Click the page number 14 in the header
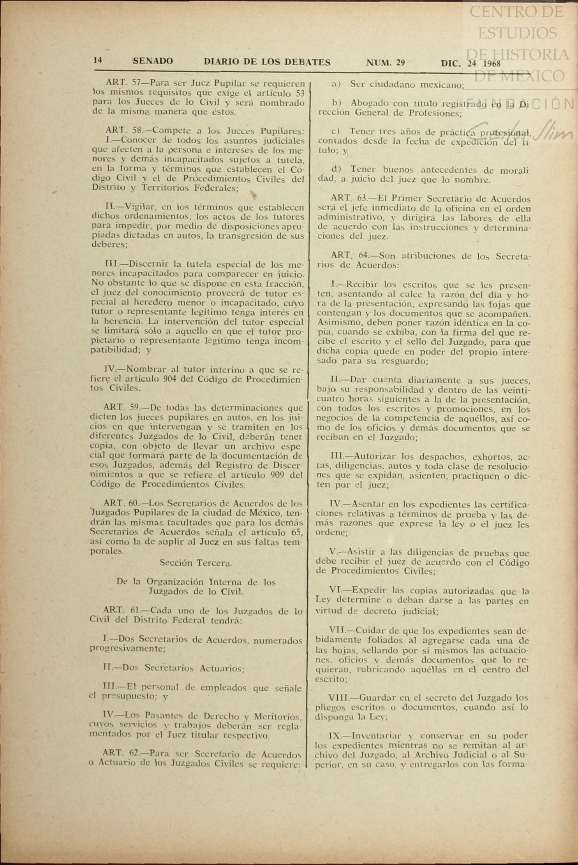click(x=97, y=60)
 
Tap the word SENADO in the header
click(x=153, y=61)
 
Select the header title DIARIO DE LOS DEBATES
click(x=267, y=62)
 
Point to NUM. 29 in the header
click(x=386, y=63)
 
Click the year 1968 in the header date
click(x=491, y=63)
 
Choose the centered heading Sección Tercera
click(x=196, y=563)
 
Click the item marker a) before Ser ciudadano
click(x=336, y=83)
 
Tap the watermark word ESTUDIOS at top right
click(x=517, y=33)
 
